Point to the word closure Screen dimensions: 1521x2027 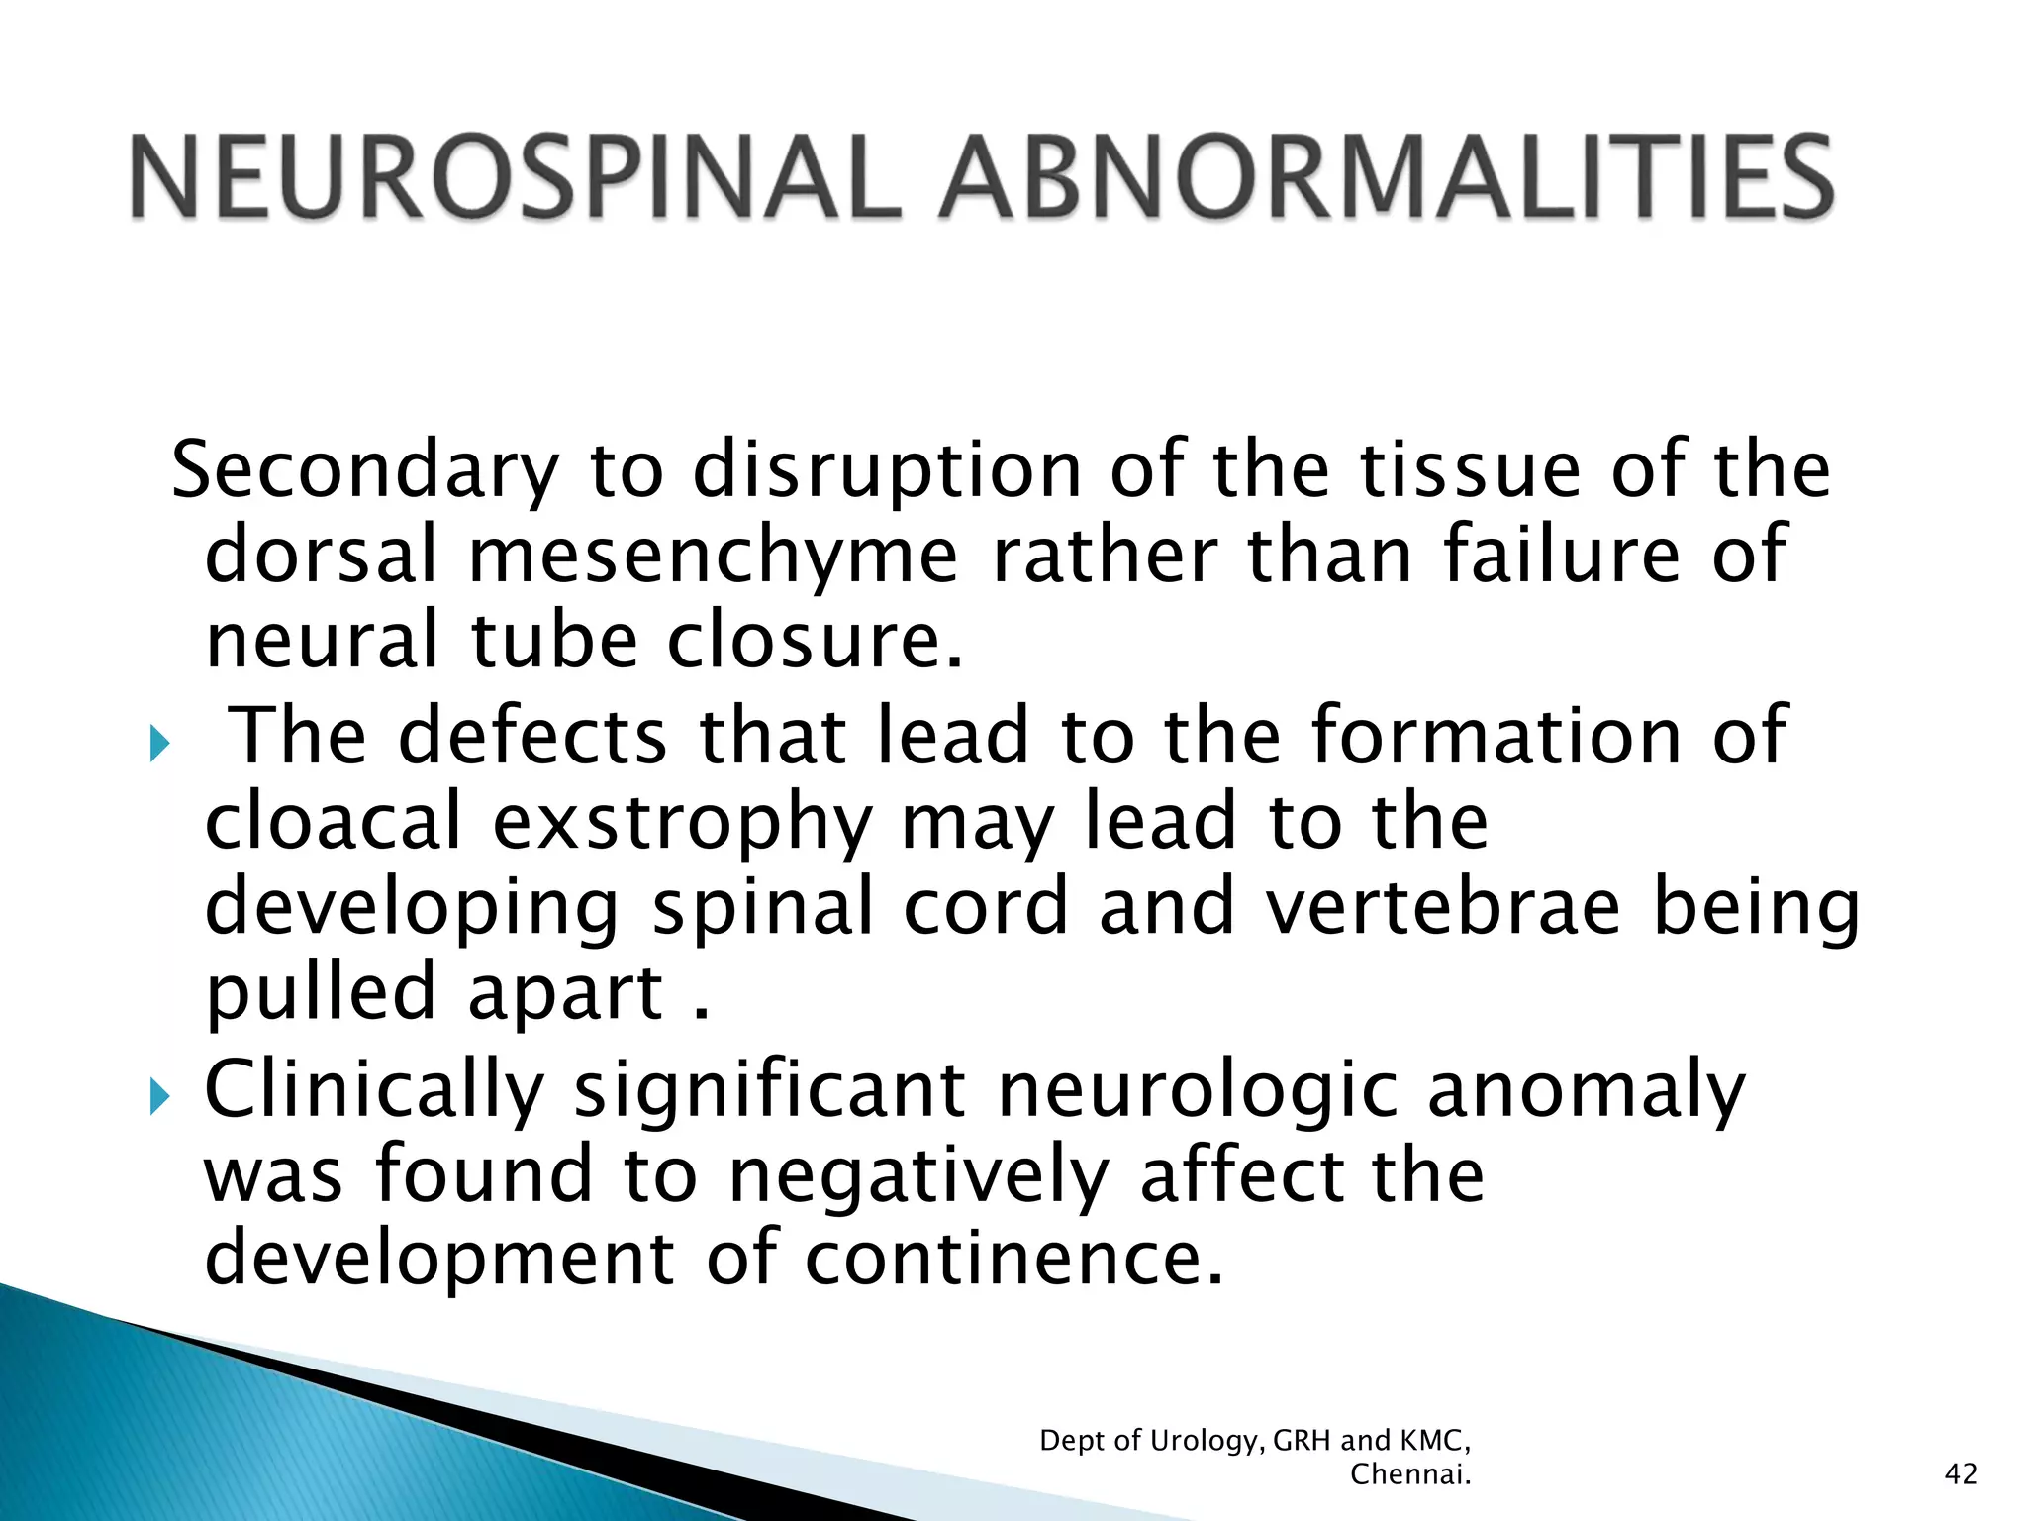coord(814,641)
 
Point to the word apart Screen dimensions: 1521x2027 coord(565,993)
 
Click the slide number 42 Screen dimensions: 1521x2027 coord(1961,1474)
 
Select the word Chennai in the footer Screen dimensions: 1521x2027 coord(1409,1474)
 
